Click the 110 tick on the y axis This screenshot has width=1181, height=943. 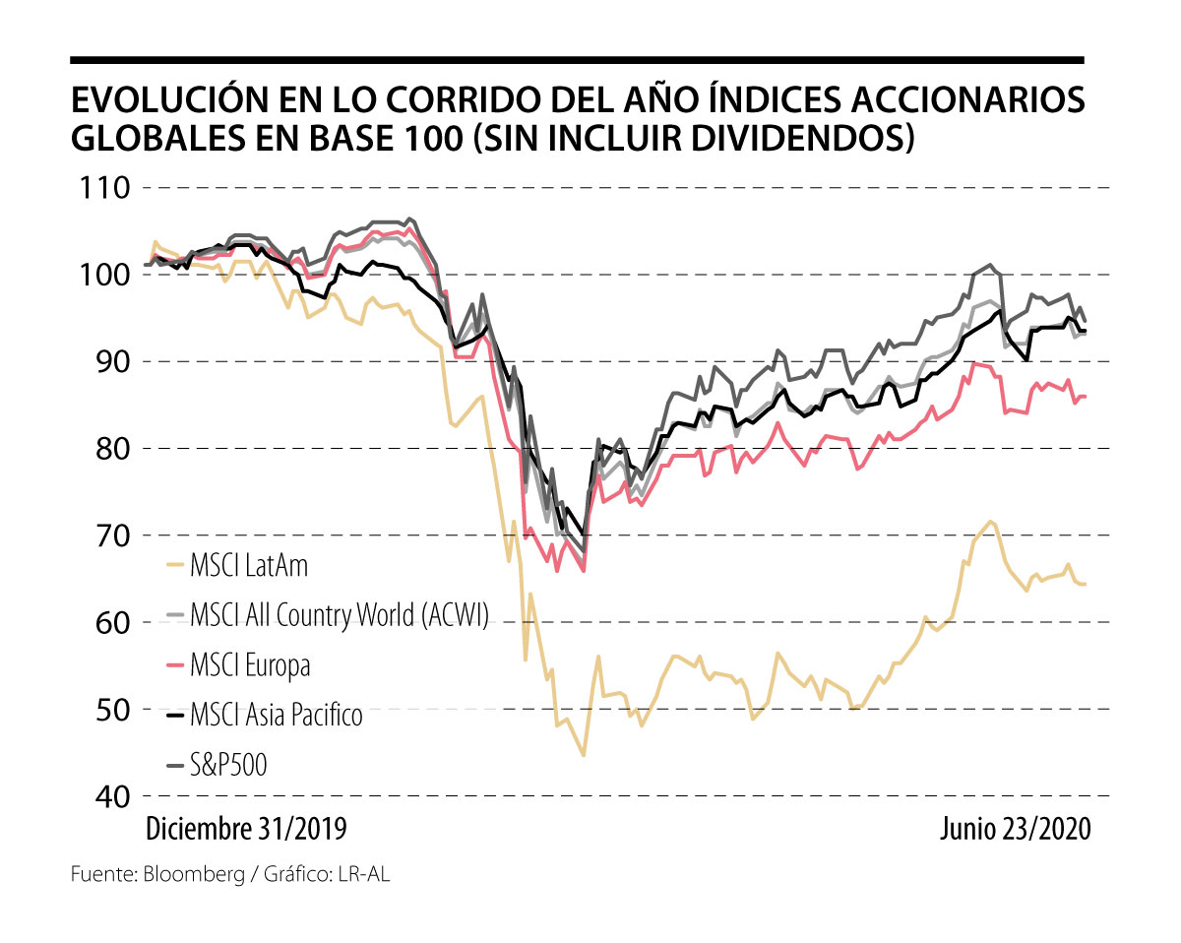coord(101,187)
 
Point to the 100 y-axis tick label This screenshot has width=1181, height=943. coord(101,275)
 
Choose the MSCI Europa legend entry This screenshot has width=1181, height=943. coord(250,666)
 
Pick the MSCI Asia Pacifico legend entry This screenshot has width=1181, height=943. coord(277,715)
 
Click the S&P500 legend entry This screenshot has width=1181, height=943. coord(229,764)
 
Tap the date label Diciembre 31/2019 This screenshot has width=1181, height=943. coord(246,829)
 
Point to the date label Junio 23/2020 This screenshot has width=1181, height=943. coord(1014,829)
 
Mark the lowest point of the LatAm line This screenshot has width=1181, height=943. coord(584,755)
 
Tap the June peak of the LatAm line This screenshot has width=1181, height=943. coord(989,521)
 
